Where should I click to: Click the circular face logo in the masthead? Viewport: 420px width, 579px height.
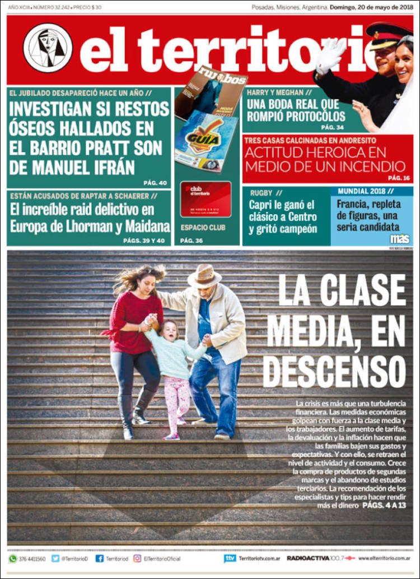coord(48,48)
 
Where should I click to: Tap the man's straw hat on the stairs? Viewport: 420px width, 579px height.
coord(204,276)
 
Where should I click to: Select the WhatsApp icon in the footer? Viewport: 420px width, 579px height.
coord(12,558)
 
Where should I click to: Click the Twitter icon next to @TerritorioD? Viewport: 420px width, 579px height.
coord(55,558)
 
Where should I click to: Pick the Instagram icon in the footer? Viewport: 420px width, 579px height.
coord(137,558)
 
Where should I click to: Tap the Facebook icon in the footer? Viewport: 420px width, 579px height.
coord(100,558)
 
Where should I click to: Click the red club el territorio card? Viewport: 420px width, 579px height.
coord(206,199)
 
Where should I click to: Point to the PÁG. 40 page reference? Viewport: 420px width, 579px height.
coord(155,183)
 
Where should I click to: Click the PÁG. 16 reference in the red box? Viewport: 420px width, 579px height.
coord(399,178)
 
